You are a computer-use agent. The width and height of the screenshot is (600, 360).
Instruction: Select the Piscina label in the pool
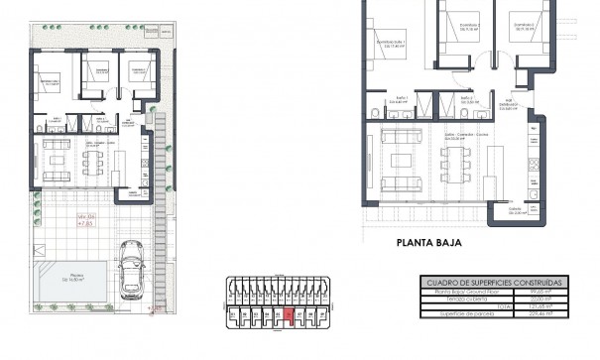click(x=74, y=278)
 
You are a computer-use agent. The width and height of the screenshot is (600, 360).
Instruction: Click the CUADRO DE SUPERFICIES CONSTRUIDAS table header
click(x=494, y=283)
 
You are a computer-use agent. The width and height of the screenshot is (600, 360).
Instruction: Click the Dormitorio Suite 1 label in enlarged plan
click(x=390, y=43)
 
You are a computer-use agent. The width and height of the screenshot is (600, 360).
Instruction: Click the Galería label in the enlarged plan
click(x=514, y=211)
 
